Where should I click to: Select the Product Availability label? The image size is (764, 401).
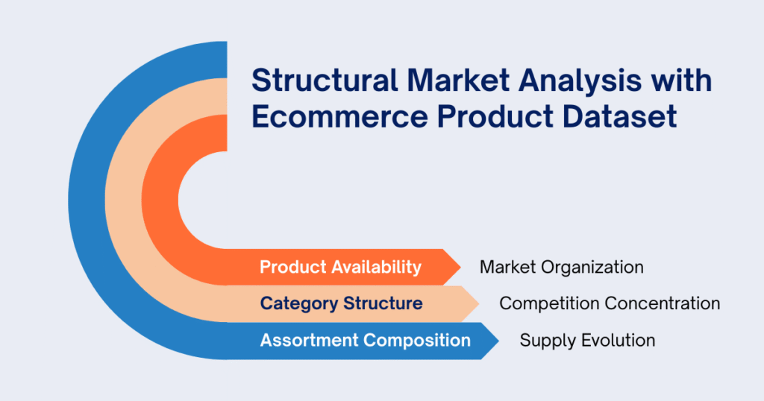tap(340, 267)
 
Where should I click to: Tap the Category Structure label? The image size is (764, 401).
tap(341, 303)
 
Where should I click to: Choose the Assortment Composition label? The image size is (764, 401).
tap(365, 341)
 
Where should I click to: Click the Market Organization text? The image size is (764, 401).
tap(561, 267)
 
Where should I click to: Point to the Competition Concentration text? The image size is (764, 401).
tap(609, 303)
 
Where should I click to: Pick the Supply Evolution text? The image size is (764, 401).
tap(587, 341)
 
